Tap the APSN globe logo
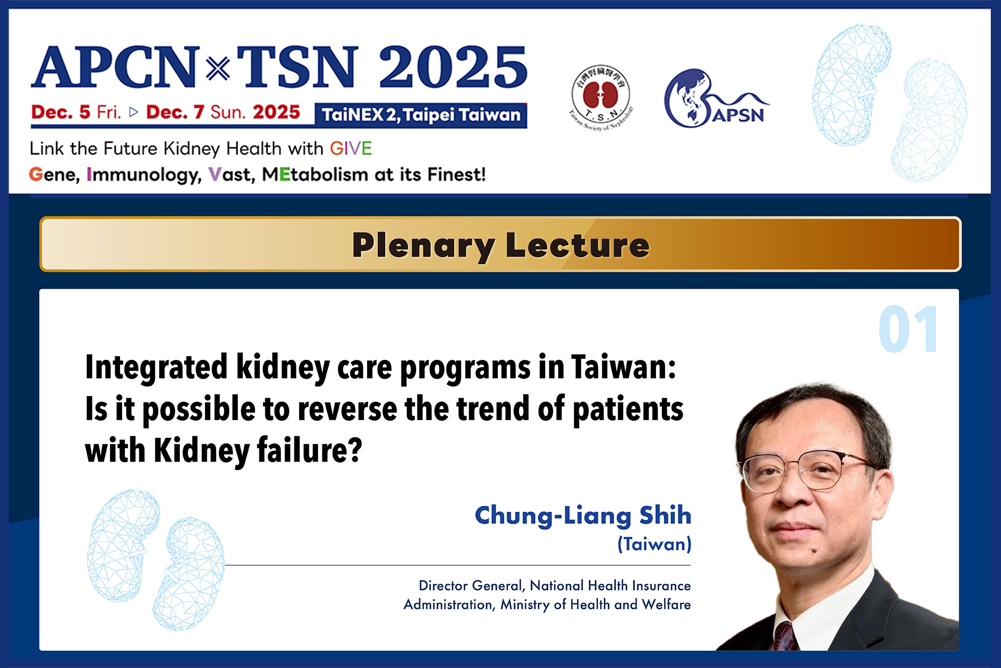[716, 99]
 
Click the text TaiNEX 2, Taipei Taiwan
[421, 115]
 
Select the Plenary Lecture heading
[501, 245]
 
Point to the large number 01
[909, 329]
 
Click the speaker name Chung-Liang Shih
[583, 516]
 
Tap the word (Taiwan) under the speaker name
[654, 544]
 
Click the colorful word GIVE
[351, 148]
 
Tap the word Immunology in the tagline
[144, 175]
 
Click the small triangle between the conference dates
[134, 112]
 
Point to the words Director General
[471, 586]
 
